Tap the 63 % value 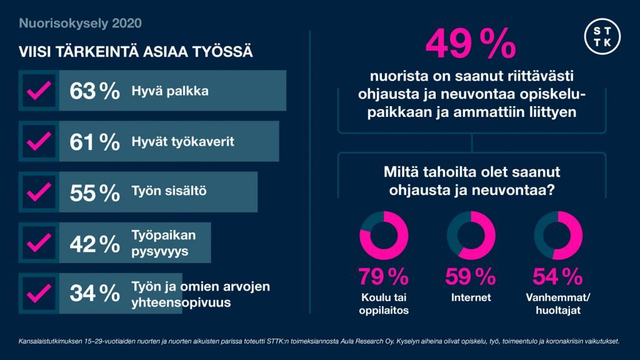pos(94,91)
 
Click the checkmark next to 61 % pos(39,142)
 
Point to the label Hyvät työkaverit pos(182,142)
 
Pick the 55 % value pos(94,193)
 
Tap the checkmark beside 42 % pos(39,243)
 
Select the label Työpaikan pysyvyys pos(164,243)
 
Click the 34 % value pos(94,293)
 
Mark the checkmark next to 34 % pos(39,293)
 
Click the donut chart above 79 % pos(384,236)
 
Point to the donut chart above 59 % pos(471,236)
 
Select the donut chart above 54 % pos(557,236)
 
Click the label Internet pos(471,297)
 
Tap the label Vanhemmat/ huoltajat pos(557,302)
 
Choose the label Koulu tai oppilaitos pos(384,302)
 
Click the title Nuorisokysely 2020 pos(81,24)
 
